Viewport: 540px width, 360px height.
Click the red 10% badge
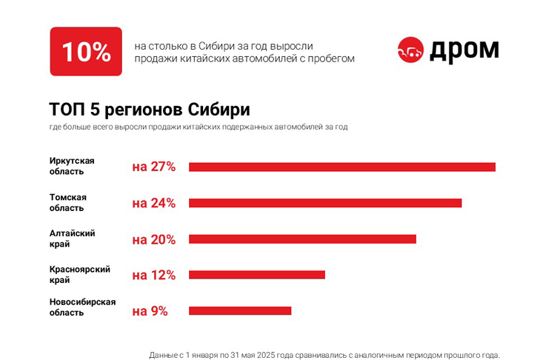pyautogui.click(x=86, y=51)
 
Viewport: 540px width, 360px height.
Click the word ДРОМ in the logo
pyautogui.click(x=464, y=50)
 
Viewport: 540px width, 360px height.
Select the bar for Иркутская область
pyautogui.click(x=341, y=167)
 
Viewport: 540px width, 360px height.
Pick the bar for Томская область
pyautogui.click(x=325, y=203)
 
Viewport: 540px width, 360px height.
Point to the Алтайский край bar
pyautogui.click(x=302, y=239)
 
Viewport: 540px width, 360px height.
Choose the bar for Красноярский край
pyautogui.click(x=256, y=275)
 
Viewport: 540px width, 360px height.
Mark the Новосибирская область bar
pyautogui.click(x=240, y=311)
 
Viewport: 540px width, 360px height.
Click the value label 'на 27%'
pyautogui.click(x=154, y=167)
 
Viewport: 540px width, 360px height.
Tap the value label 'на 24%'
pyautogui.click(x=154, y=203)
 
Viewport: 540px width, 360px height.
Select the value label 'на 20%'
pyautogui.click(x=154, y=239)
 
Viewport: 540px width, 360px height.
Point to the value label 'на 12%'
pyautogui.click(x=154, y=275)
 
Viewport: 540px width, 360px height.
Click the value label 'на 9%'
pyautogui.click(x=150, y=311)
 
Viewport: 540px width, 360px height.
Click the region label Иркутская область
pyautogui.click(x=72, y=166)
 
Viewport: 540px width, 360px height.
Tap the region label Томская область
pyautogui.click(x=68, y=202)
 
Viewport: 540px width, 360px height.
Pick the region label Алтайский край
pyautogui.click(x=72, y=239)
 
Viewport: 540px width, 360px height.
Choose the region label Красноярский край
pyautogui.click(x=79, y=275)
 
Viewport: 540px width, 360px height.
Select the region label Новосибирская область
pyautogui.click(x=82, y=307)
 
